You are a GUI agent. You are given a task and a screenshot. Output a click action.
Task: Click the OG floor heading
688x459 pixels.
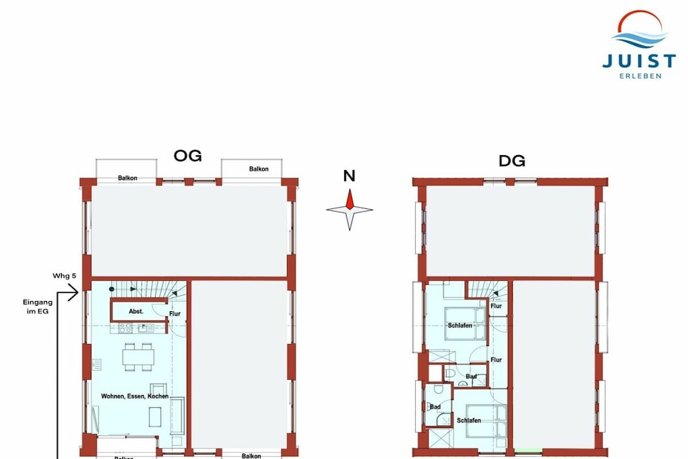click(x=188, y=156)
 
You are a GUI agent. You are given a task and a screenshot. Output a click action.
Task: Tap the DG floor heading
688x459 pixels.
click(x=511, y=161)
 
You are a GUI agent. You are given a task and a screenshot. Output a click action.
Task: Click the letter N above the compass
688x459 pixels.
click(x=349, y=175)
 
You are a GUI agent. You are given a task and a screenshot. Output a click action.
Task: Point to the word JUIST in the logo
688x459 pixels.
click(x=639, y=61)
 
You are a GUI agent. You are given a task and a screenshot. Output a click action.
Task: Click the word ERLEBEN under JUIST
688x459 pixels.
click(x=640, y=76)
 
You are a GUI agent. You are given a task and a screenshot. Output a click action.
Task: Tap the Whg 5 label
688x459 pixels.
click(x=64, y=276)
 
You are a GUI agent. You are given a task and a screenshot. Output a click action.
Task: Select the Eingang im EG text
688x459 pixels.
click(x=38, y=306)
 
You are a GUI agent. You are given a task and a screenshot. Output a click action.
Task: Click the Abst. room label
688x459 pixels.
click(x=136, y=311)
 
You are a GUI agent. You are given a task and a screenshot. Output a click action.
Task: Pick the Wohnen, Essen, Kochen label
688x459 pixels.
click(x=134, y=397)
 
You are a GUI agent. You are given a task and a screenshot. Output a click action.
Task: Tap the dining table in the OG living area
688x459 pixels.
click(x=138, y=358)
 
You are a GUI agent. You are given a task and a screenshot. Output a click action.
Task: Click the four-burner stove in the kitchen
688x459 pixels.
click(x=125, y=328)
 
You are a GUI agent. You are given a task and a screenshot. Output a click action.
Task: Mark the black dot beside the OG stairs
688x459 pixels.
click(x=112, y=289)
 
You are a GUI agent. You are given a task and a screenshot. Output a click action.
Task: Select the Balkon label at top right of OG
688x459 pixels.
click(x=259, y=169)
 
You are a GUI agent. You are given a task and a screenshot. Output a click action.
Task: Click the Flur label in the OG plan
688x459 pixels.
click(x=175, y=314)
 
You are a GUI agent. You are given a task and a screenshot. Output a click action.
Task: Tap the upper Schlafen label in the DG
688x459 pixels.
click(x=460, y=325)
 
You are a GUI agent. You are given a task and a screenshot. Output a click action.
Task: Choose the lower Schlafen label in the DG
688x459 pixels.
click(x=468, y=421)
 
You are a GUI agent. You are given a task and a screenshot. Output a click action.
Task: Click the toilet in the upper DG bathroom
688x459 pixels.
click(x=450, y=374)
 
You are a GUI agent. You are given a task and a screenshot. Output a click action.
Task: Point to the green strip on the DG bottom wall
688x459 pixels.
click(x=528, y=450)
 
